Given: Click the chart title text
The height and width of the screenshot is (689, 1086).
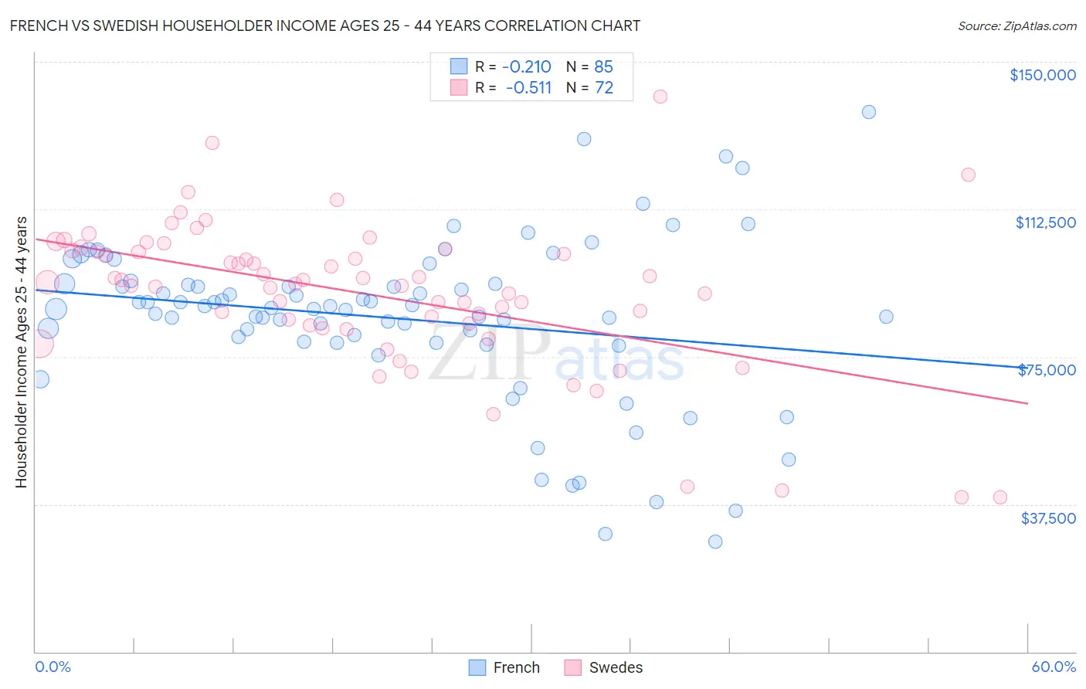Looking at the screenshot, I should click(324, 25).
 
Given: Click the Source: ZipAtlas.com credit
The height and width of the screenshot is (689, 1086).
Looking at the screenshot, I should click(1016, 25).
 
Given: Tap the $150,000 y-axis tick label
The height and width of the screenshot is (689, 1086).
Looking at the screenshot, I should click(1042, 75).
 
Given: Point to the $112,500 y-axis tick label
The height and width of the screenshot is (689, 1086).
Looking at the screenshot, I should click(1045, 222).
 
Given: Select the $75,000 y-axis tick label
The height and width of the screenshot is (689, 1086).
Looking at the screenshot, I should click(1047, 370).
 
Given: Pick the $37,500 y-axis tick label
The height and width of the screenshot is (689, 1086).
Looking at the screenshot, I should click(1048, 518).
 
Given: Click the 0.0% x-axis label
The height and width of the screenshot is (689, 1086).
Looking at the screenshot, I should click(53, 667).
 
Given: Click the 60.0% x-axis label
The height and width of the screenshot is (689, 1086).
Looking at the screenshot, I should click(1053, 667).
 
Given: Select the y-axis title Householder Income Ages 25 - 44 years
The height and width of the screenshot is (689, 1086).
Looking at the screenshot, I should click(21, 352).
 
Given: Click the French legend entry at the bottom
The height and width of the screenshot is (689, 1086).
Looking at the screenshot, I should click(504, 667).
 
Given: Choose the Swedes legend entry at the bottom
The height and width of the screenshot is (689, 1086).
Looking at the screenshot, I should click(603, 667).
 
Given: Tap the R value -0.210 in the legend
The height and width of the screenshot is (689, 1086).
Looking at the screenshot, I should click(526, 66).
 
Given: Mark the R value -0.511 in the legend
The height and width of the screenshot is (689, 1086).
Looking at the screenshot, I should click(528, 87).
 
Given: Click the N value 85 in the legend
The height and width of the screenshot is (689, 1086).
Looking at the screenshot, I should click(603, 66).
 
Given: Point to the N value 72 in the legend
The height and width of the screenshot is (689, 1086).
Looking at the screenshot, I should click(603, 87).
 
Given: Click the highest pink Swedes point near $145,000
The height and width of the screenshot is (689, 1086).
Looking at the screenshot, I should click(660, 97).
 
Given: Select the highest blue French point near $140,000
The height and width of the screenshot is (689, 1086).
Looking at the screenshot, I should click(868, 112).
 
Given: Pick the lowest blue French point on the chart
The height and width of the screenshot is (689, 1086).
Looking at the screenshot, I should click(715, 541).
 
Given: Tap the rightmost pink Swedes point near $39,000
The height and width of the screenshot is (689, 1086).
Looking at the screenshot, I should click(999, 497).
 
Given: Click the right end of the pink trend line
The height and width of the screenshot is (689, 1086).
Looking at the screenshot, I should click(1027, 403).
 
